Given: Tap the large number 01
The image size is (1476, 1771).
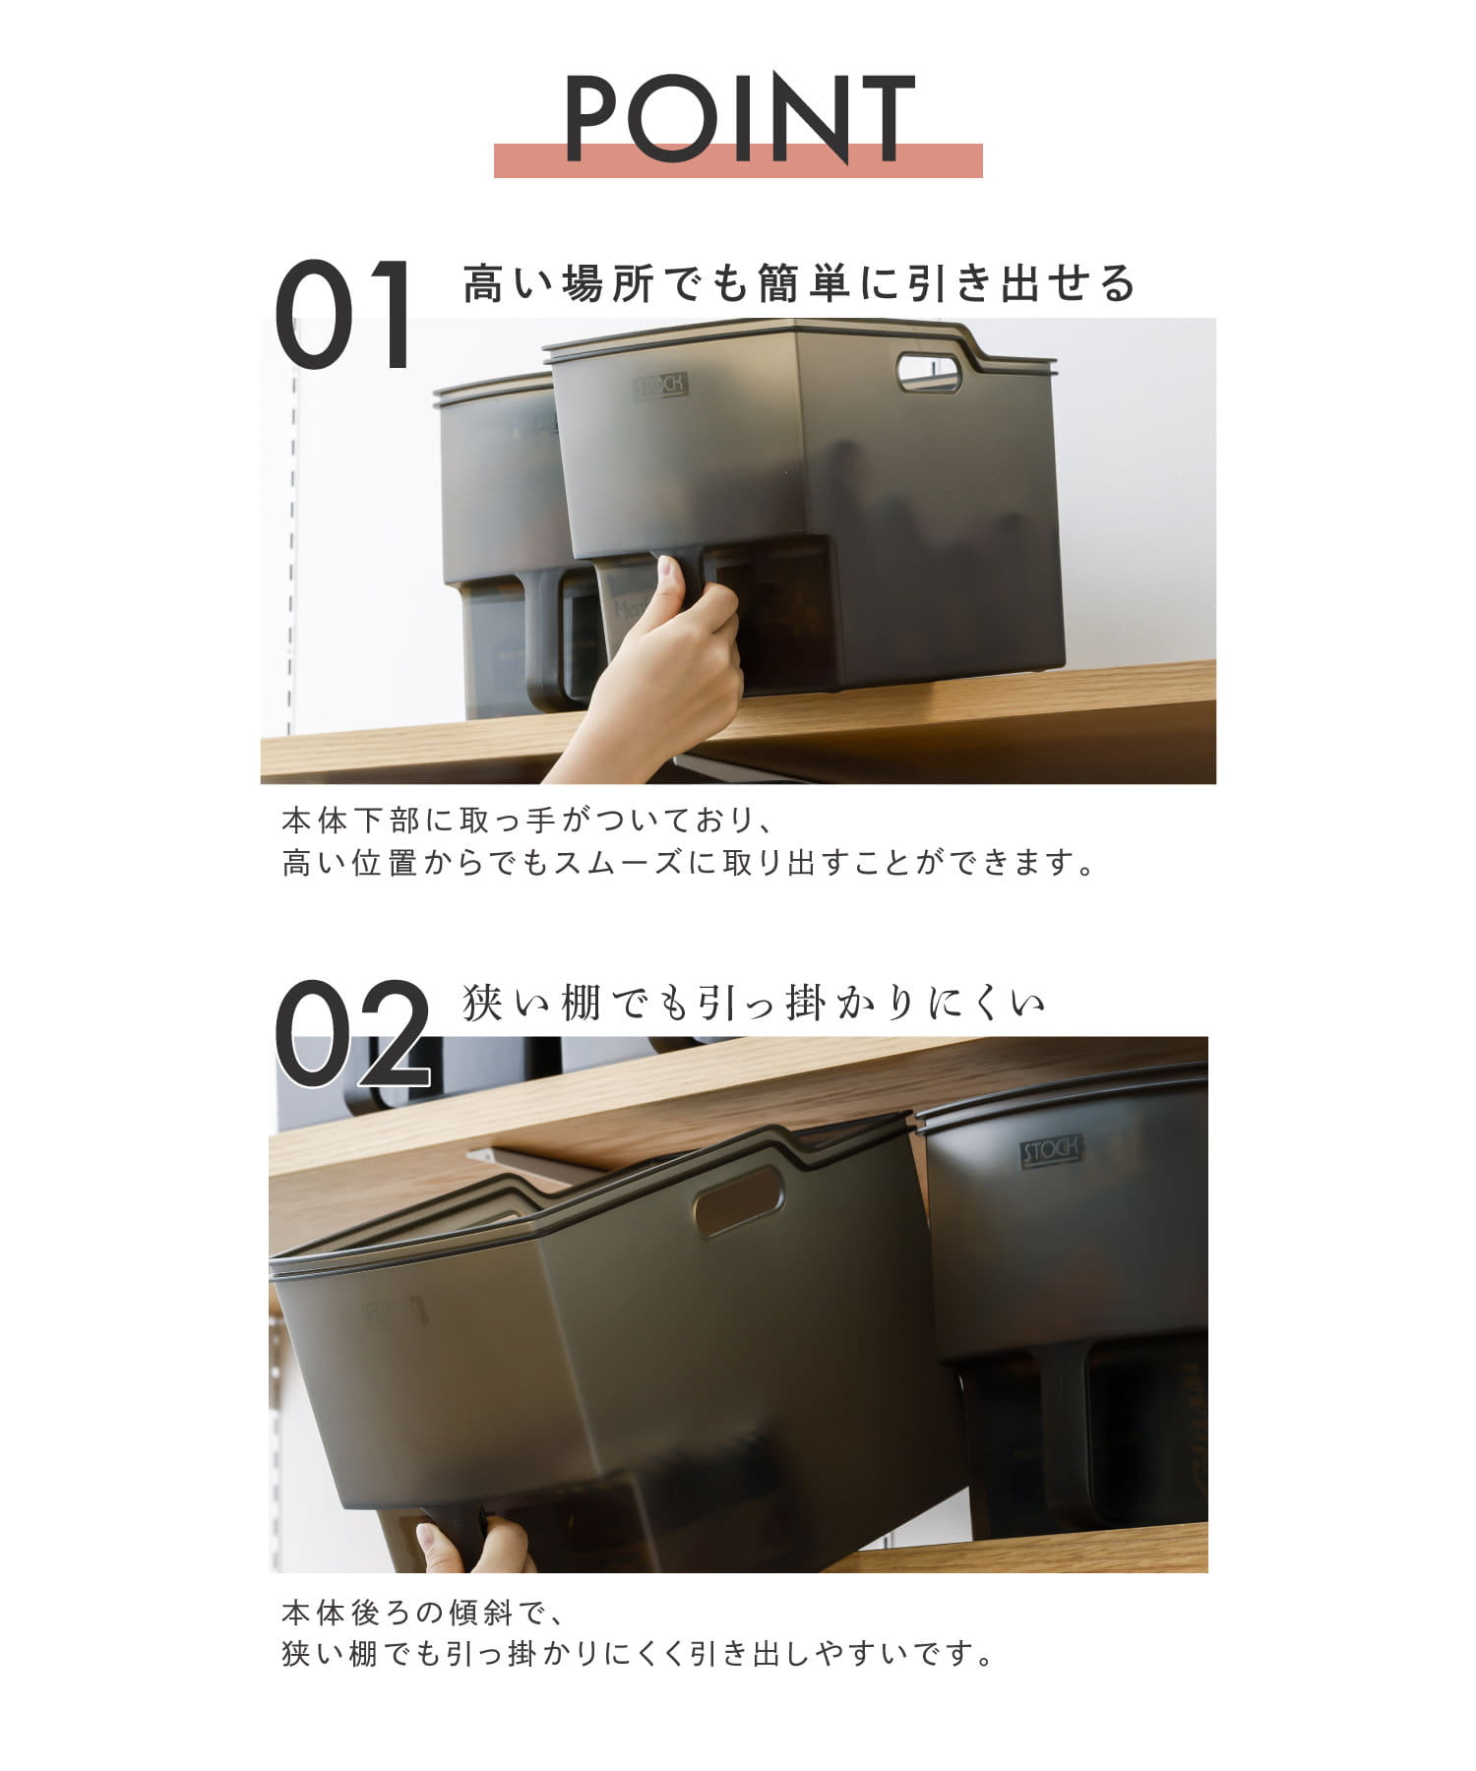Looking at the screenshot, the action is [x=343, y=315].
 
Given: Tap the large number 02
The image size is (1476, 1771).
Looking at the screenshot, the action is [x=352, y=1033].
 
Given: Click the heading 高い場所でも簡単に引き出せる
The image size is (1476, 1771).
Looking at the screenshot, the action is [x=799, y=284].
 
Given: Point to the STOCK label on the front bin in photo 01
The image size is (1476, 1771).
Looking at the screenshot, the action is [x=660, y=385].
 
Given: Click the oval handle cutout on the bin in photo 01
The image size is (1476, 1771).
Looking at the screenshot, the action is [x=929, y=372].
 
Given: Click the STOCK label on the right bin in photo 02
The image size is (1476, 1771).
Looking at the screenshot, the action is [x=1052, y=1150].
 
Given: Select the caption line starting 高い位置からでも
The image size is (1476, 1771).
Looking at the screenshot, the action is [x=688, y=863].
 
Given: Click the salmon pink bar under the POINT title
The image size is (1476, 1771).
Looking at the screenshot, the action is [x=738, y=161].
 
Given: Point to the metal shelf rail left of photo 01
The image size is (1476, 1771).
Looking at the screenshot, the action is [x=292, y=551].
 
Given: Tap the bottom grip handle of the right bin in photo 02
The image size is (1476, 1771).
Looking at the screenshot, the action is [x=1069, y=1427].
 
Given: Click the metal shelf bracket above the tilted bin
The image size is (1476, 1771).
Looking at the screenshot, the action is [x=531, y=1163].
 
